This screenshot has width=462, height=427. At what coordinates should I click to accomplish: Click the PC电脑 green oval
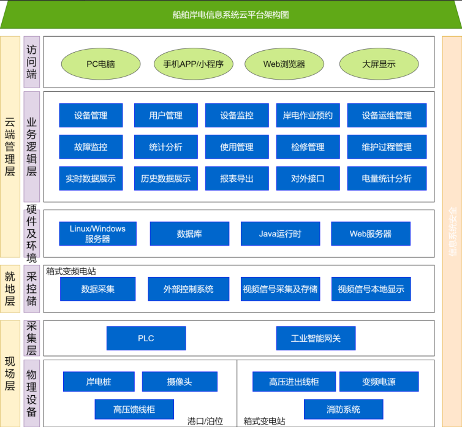pos(100,64)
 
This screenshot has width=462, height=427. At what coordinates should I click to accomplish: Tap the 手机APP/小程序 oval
pos(193,64)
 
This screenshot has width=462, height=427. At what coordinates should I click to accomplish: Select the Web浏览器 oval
pos(284,64)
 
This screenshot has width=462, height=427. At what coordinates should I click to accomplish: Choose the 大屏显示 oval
pos(379,64)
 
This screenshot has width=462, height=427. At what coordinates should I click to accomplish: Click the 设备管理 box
pos(91,115)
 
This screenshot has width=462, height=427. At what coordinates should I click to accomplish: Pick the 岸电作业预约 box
pos(308,115)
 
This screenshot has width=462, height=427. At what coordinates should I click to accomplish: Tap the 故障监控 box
pos(91,147)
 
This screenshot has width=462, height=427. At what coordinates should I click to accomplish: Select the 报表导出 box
pos(237,178)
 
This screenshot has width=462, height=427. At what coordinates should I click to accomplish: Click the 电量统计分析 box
pos(387,178)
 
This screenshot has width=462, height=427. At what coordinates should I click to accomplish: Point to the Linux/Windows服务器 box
pos(97,233)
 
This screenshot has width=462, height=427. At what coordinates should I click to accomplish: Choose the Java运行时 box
pos(280,233)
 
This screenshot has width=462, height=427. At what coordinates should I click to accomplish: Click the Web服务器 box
pos(371,233)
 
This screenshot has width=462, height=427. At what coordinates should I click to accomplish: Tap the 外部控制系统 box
pos(188,289)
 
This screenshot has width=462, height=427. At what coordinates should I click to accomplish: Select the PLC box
pos(146,338)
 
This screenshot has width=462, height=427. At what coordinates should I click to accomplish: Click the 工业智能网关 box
pos(315,338)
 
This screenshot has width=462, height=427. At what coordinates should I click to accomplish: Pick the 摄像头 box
pos(180,382)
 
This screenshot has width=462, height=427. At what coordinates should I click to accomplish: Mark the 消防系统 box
pos(343,409)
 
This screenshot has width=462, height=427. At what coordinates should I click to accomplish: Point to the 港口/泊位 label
pos(205,421)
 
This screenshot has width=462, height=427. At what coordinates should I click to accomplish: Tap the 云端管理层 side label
pos(10,147)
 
